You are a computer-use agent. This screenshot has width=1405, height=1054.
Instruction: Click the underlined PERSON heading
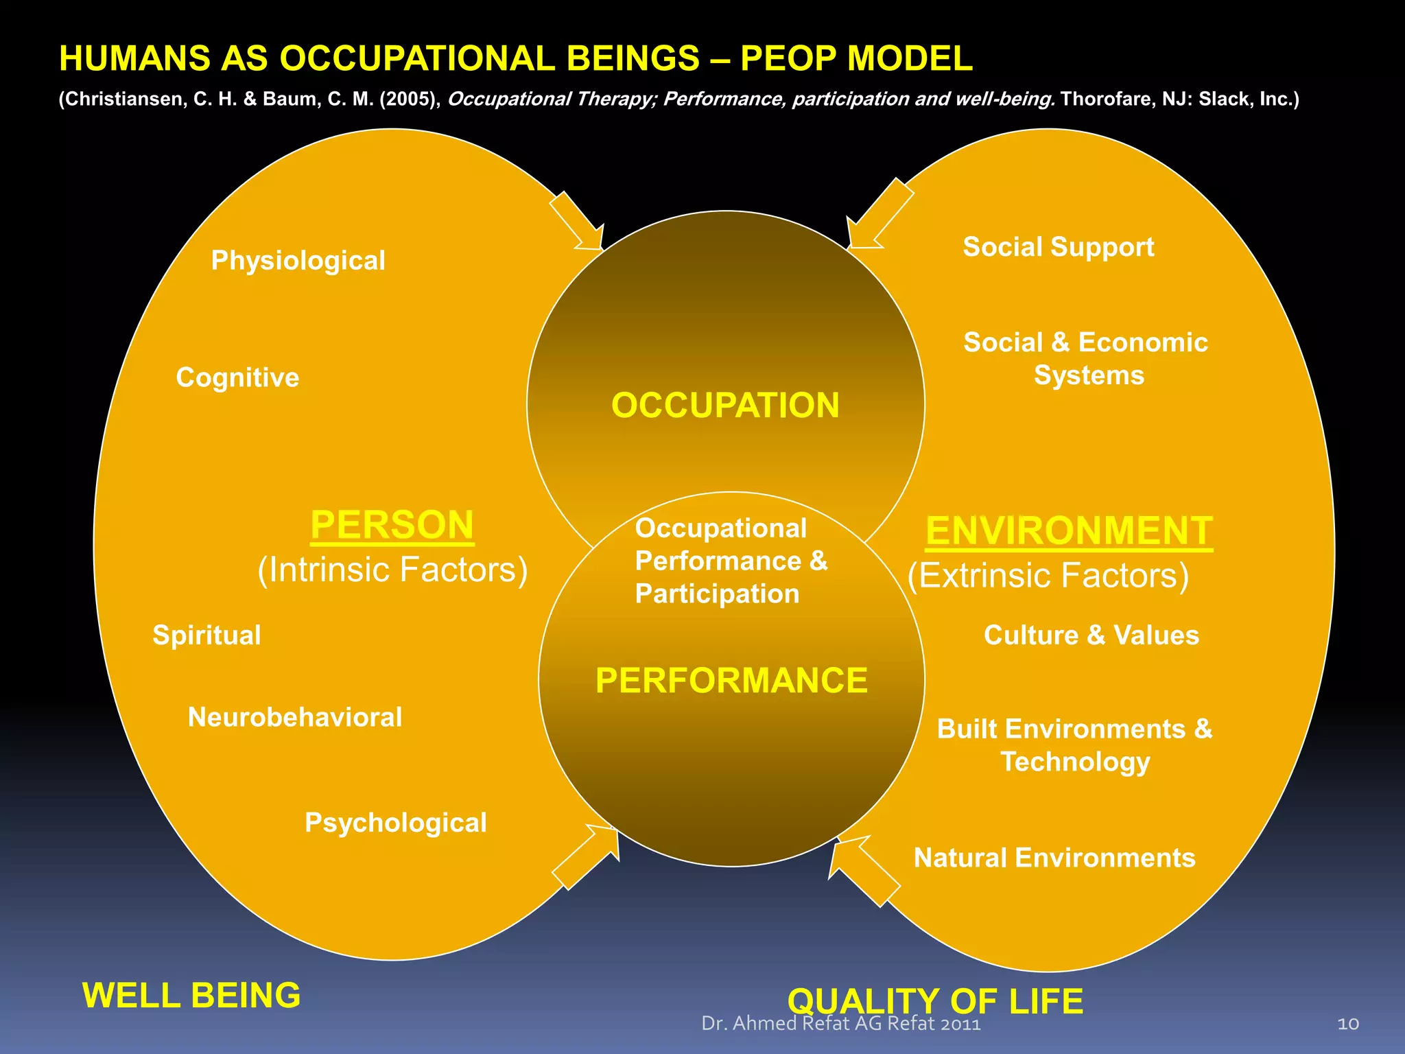pyautogui.click(x=392, y=526)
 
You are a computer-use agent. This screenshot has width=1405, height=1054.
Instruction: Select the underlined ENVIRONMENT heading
pyautogui.click(x=1069, y=531)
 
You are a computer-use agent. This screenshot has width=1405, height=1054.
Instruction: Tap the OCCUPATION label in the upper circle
pyautogui.click(x=725, y=405)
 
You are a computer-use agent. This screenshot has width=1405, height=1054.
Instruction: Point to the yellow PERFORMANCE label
pyautogui.click(x=731, y=681)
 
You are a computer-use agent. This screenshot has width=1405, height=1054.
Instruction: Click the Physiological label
pyautogui.click(x=298, y=261)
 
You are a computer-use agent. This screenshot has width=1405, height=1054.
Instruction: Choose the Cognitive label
pyautogui.click(x=237, y=377)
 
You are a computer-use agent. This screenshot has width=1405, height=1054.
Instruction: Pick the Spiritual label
pyautogui.click(x=206, y=635)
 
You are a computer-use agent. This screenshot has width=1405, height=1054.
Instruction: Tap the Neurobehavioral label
pyautogui.click(x=295, y=718)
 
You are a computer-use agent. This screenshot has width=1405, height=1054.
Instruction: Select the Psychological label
pyautogui.click(x=396, y=823)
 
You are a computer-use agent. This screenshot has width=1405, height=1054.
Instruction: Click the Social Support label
pyautogui.click(x=1059, y=247)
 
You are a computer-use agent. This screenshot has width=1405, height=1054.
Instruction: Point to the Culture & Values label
pyautogui.click(x=1091, y=635)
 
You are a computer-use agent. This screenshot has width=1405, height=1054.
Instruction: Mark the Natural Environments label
pyautogui.click(x=1054, y=858)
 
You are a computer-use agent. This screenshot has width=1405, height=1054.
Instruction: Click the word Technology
pyautogui.click(x=1075, y=762)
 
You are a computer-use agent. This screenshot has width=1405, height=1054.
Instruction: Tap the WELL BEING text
pyautogui.click(x=191, y=995)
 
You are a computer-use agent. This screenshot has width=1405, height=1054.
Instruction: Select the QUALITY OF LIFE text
pyautogui.click(x=935, y=1001)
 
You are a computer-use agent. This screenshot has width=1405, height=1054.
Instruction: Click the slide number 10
pyautogui.click(x=1348, y=1024)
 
